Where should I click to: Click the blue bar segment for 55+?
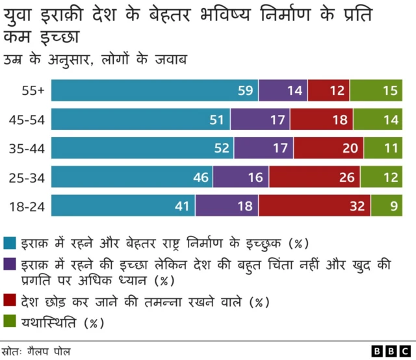coord(155,91)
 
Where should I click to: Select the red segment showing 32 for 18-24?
coord(315,206)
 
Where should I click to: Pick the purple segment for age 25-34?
coord(241,177)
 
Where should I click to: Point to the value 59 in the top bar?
coord(245,91)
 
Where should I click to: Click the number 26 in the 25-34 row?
coord(346,177)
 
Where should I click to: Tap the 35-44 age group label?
coord(26,149)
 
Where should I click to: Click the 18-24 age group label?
coord(26,206)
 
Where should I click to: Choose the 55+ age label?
coord(32,91)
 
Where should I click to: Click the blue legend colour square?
coord(10,244)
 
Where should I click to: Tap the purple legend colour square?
coord(10,265)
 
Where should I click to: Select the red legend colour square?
coord(10,302)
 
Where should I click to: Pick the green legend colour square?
coord(10,322)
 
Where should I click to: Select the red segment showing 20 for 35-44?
coord(328,149)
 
